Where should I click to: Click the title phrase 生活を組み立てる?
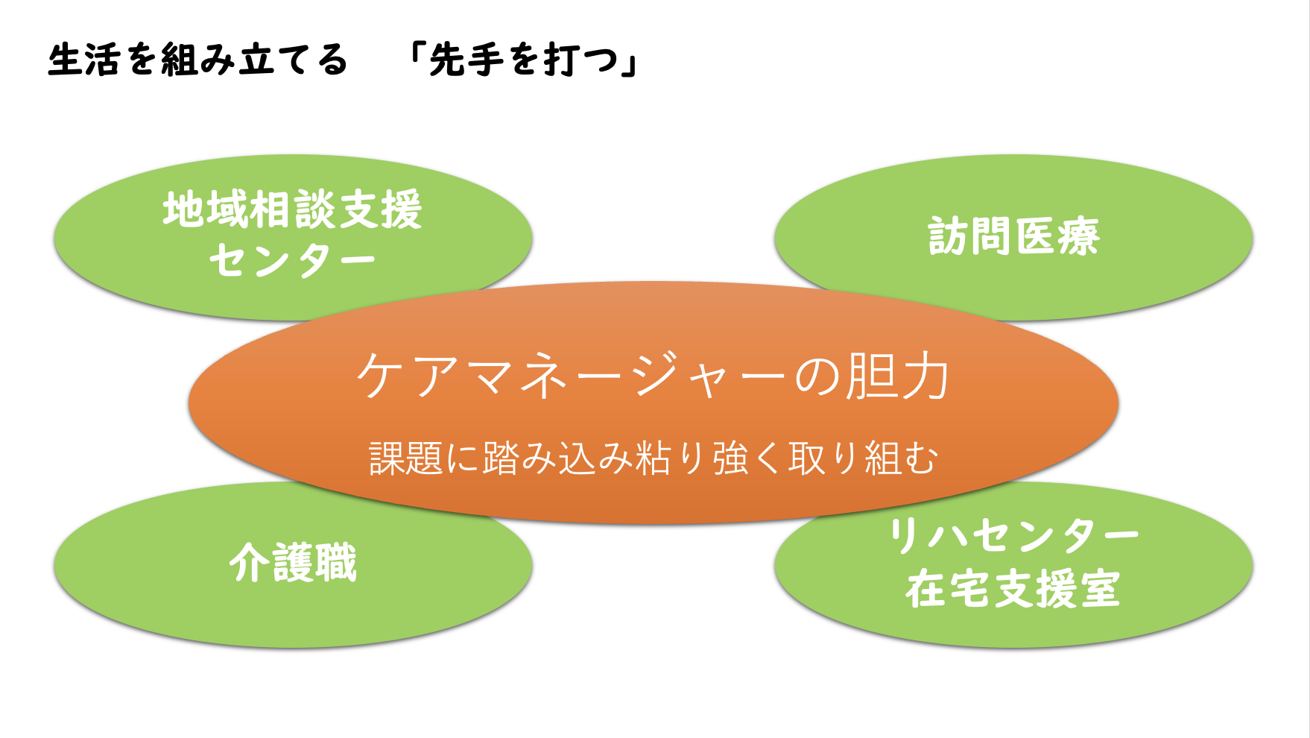[x=197, y=60]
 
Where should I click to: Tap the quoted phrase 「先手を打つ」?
[x=525, y=60]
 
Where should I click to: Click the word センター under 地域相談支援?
[x=293, y=260]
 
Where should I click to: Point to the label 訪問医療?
[x=1013, y=237]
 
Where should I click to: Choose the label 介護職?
[x=293, y=562]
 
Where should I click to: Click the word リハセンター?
[x=1013, y=536]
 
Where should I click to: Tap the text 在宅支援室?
[x=1013, y=589]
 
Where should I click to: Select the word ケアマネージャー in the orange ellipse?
[x=570, y=376]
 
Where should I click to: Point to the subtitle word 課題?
[x=407, y=458]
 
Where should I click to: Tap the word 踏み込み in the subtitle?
[x=558, y=458]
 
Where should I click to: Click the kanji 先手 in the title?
[x=467, y=60]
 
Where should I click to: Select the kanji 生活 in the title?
[x=84, y=60]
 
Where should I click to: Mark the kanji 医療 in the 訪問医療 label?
[x=1057, y=237]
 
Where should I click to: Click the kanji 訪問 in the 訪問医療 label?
[x=970, y=237]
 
